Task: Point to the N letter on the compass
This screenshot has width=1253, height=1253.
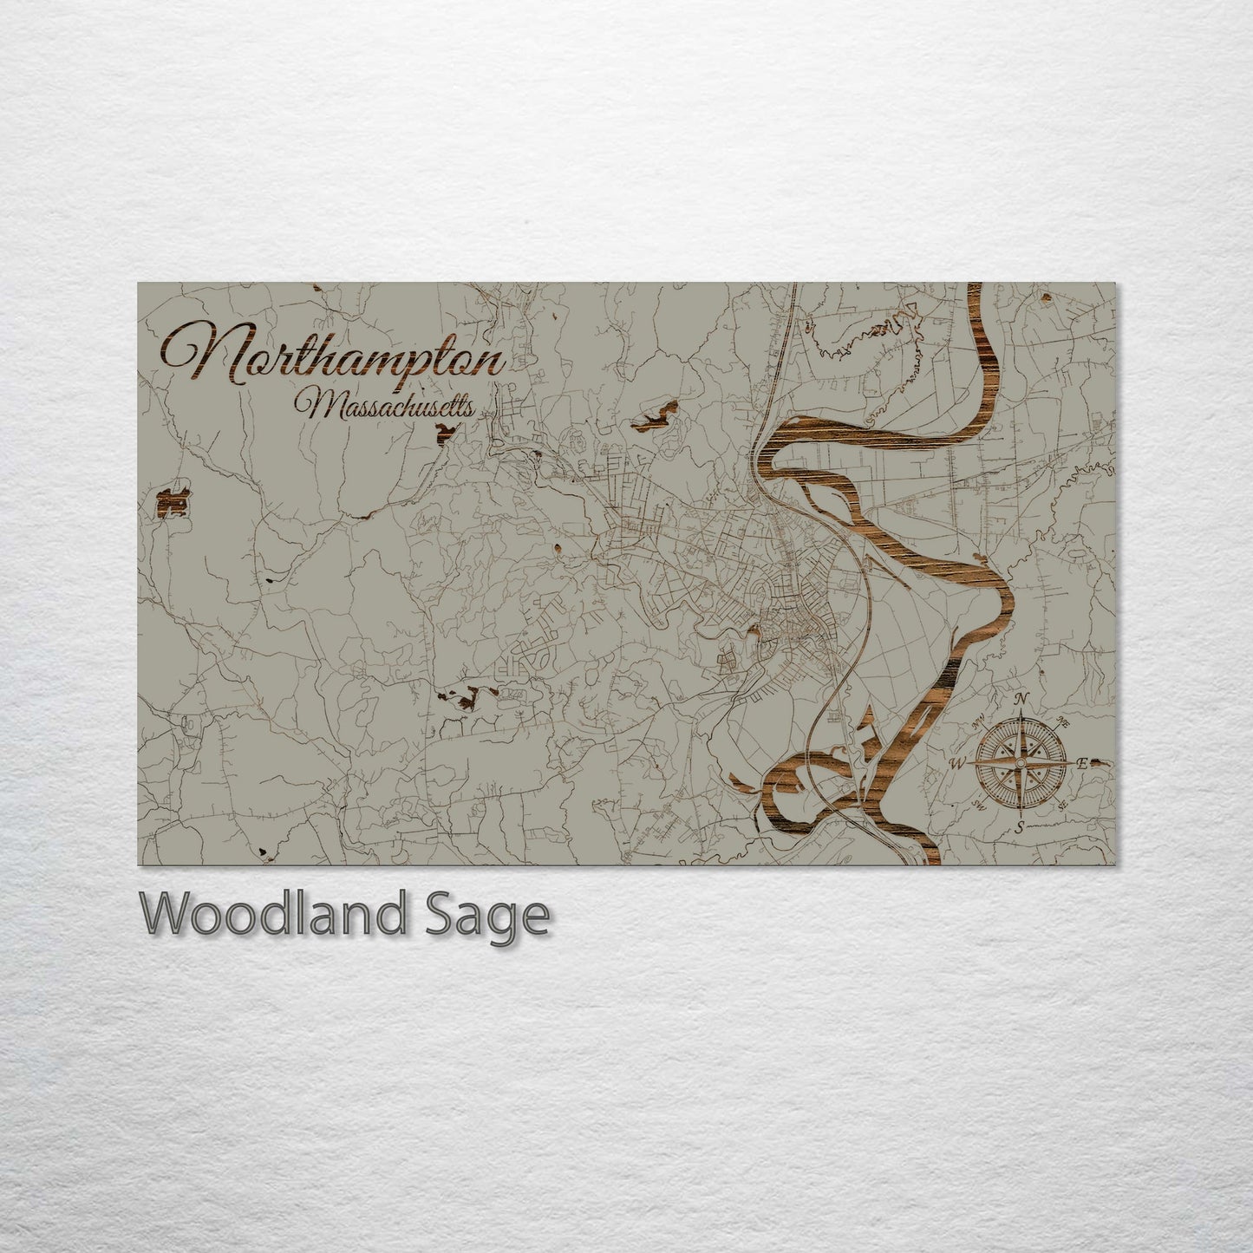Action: tap(1021, 700)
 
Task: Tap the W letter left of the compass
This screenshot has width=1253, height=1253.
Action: tap(958, 764)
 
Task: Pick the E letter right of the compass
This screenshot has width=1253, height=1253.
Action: tap(1082, 763)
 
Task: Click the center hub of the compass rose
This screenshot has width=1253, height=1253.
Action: tap(1021, 763)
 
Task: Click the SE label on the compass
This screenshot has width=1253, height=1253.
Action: tap(1062, 806)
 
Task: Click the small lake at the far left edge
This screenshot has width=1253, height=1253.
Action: tap(172, 502)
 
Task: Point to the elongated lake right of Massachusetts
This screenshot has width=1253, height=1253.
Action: tap(655, 416)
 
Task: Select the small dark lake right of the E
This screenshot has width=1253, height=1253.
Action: tap(1100, 763)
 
